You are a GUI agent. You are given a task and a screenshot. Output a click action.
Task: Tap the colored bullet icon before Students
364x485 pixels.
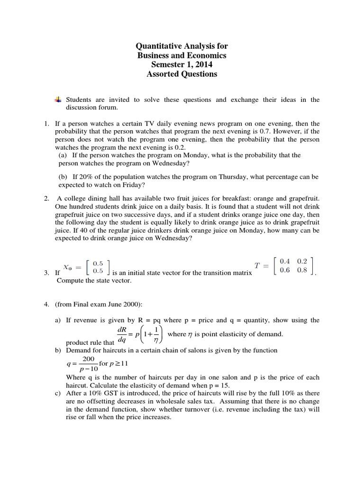pos(57,99)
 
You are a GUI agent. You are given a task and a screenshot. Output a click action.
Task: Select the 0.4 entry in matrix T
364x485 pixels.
pos(286,261)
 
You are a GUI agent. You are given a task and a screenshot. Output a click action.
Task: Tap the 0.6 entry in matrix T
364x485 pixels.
pos(286,271)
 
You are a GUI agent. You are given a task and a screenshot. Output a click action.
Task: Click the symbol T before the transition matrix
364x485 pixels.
pos(257,266)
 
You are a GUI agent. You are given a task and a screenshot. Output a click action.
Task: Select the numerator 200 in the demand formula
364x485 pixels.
pos(89,359)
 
